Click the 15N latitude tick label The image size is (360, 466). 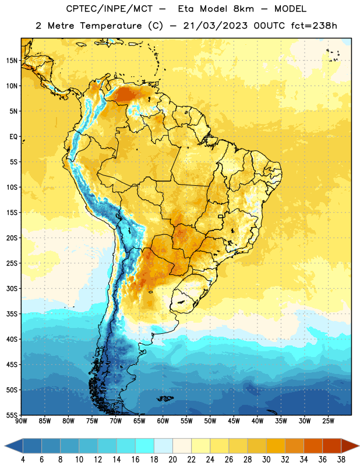coord(12,61)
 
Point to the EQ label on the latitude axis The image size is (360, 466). coord(13,137)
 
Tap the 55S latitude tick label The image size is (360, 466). coord(12,415)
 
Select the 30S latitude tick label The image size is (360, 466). coord(12,288)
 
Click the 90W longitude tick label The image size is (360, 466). coord(21,421)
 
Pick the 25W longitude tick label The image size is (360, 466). coord(328,421)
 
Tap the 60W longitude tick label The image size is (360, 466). coord(163,421)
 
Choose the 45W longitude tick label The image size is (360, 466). coord(234,421)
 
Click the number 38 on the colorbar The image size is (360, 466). coord(341,460)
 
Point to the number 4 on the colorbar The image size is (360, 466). coord(23,460)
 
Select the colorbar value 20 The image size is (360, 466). coord(172,460)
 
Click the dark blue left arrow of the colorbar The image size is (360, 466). coord(13,446)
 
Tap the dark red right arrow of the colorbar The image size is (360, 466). coord(350,446)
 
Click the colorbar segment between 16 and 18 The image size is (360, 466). coord(145,446)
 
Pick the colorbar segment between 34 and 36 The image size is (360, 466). coord(313,446)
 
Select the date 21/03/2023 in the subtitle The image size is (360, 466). coord(215,26)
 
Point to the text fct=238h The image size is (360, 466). coord(314,26)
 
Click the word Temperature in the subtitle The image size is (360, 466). coord(111,26)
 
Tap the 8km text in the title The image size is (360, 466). coord(243,9)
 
